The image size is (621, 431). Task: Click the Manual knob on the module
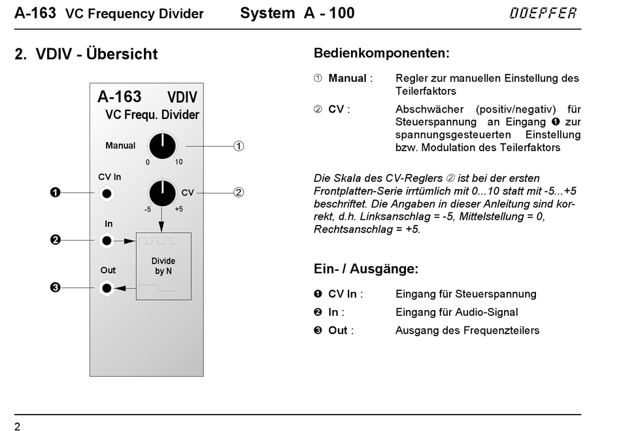[x=162, y=146]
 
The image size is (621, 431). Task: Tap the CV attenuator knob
[x=162, y=193]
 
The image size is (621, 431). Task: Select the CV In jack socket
[x=107, y=194]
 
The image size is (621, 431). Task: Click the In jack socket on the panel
[x=107, y=241]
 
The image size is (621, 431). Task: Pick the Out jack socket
[x=107, y=288]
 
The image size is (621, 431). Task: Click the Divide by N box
[x=163, y=266]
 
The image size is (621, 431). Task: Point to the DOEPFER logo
[x=543, y=13]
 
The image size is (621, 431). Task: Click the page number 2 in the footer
[x=17, y=426]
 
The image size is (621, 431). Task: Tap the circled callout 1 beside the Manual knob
[x=239, y=147]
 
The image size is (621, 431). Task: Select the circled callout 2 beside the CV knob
[x=239, y=192]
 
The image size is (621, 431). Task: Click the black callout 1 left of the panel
[x=55, y=192]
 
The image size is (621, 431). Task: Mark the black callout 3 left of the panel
[x=55, y=287]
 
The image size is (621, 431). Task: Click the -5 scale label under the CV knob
[x=147, y=209]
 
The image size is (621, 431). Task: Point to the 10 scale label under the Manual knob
[x=178, y=162]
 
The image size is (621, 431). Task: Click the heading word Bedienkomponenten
[x=381, y=53]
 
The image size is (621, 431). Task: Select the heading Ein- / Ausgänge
[x=366, y=269]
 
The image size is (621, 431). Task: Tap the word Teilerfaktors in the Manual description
[x=426, y=91]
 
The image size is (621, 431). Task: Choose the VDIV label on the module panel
[x=182, y=97]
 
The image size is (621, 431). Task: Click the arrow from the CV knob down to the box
[x=161, y=219]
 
